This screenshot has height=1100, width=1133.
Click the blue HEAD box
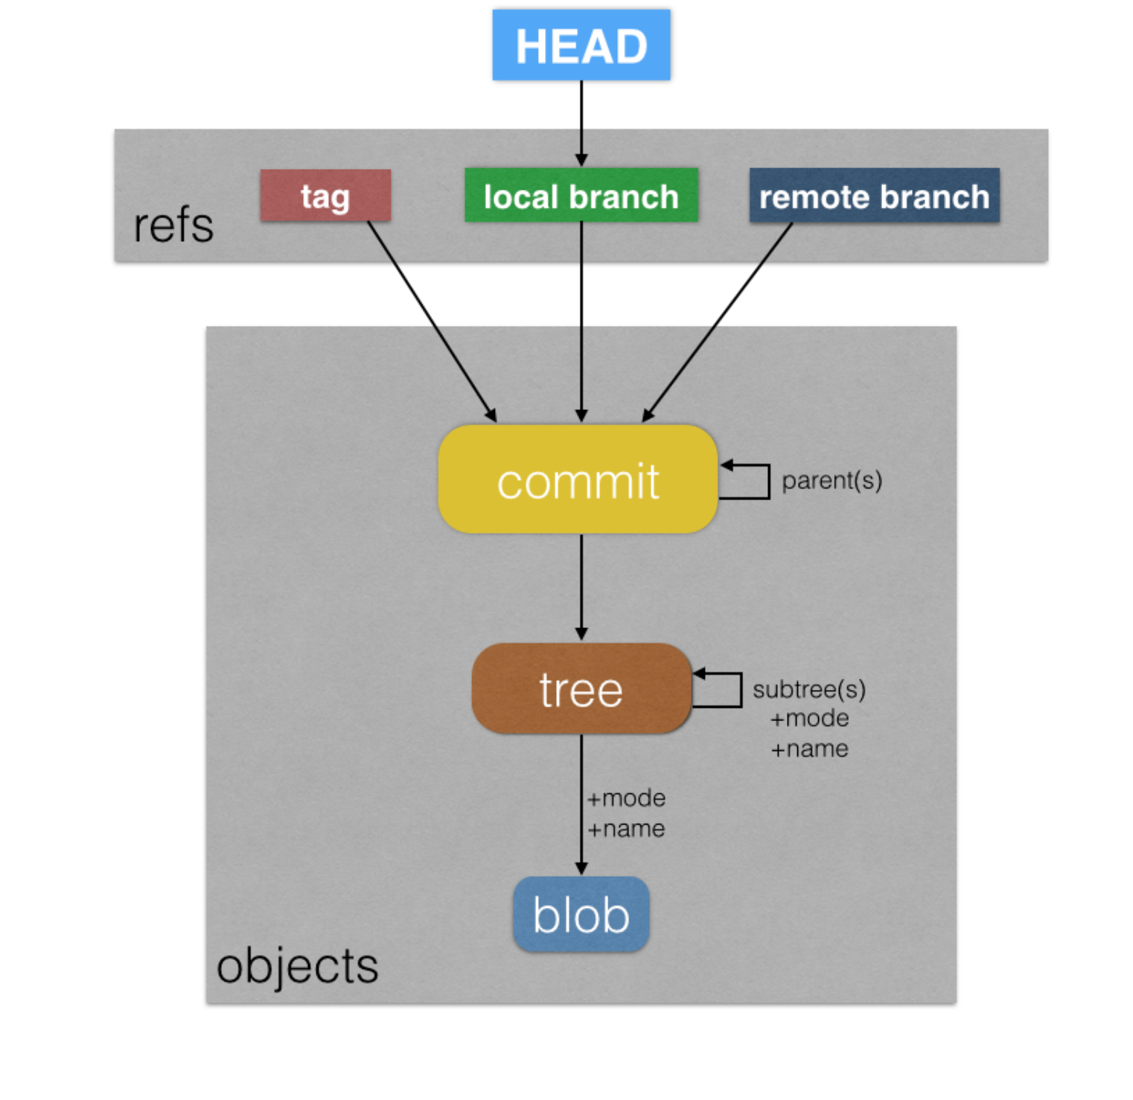(x=581, y=45)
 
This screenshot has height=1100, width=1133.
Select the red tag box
(x=325, y=196)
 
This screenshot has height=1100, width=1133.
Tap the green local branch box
(x=581, y=196)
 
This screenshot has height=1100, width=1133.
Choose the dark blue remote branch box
(x=874, y=196)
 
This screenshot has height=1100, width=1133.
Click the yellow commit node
(x=578, y=480)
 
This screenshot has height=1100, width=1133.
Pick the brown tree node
(x=581, y=689)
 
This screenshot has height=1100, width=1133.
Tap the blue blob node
(x=581, y=914)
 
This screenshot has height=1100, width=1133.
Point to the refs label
(x=173, y=226)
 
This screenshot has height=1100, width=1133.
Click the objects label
(x=297, y=965)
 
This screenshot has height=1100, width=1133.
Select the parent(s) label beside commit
(x=832, y=481)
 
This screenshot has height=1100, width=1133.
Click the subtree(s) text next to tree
(x=809, y=689)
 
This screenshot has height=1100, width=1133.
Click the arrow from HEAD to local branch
(x=581, y=123)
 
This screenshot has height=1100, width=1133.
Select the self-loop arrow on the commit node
(x=767, y=482)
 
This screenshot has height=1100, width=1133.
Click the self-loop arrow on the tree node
(x=740, y=690)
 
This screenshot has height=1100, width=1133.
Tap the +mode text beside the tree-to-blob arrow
(x=626, y=798)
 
